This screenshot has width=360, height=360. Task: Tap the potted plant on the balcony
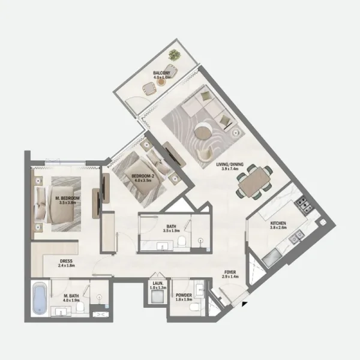coord(174,55)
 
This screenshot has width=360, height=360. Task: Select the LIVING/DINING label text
coord(226,166)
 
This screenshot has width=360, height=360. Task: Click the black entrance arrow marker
coord(245,305)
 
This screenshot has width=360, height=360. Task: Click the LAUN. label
coord(158,286)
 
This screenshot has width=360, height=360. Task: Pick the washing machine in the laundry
coord(158,299)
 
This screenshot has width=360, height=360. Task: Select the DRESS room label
coord(67,263)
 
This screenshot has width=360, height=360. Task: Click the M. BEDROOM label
coord(67,200)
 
